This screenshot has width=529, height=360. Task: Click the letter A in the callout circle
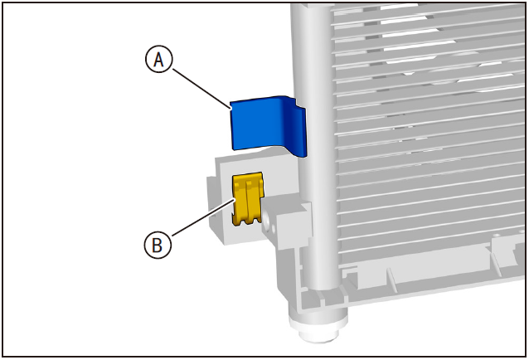click(158, 60)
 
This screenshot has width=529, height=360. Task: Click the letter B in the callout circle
click(158, 246)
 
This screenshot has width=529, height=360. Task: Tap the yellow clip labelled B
click(247, 198)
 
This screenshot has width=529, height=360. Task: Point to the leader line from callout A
click(201, 89)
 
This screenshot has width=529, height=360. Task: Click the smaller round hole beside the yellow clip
click(274, 231)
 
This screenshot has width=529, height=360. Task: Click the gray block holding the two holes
click(287, 224)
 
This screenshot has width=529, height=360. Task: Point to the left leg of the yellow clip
click(240, 201)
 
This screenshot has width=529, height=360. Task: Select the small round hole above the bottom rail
click(495, 236)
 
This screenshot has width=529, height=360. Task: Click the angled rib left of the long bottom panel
click(391, 278)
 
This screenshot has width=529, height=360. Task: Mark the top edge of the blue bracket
click(260, 99)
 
